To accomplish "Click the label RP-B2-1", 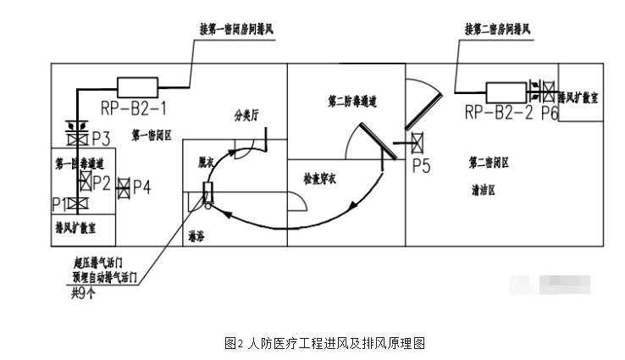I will click(134, 107).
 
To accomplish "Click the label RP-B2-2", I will click(500, 110).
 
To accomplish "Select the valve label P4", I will click(142, 187).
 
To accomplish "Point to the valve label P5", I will click(421, 166).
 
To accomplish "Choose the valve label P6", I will click(548, 112).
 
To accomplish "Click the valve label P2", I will click(102, 181).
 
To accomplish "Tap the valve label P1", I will click(59, 203).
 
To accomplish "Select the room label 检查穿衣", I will click(321, 179).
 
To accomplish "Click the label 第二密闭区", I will click(489, 161).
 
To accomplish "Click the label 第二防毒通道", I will click(352, 101).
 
